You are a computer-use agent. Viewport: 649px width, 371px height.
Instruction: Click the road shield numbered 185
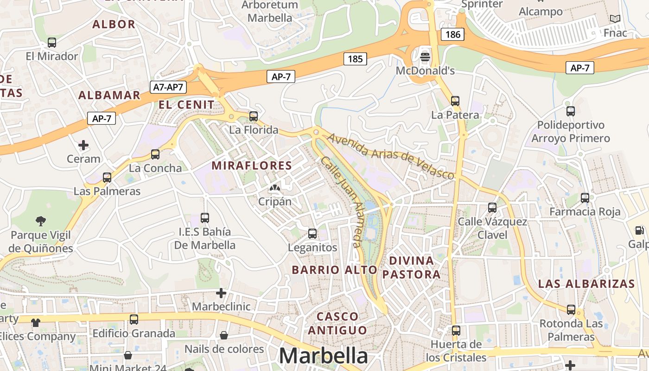pyautogui.click(x=355, y=59)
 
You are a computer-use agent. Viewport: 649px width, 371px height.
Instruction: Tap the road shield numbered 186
pyautogui.click(x=452, y=34)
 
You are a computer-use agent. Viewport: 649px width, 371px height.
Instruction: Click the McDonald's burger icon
pyautogui.click(x=425, y=57)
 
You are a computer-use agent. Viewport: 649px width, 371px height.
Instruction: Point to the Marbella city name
pyautogui.click(x=323, y=356)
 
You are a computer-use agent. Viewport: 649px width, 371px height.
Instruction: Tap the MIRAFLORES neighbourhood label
pyautogui.click(x=252, y=166)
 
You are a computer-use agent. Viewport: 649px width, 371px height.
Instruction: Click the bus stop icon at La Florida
pyautogui.click(x=254, y=116)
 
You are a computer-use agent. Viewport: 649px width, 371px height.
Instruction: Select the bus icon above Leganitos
pyautogui.click(x=312, y=234)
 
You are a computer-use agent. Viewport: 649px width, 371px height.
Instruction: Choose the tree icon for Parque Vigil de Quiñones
pyautogui.click(x=41, y=221)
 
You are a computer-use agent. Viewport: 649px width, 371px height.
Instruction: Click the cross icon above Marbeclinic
pyautogui.click(x=221, y=293)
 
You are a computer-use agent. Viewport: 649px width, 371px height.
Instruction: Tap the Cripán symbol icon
pyautogui.click(x=274, y=188)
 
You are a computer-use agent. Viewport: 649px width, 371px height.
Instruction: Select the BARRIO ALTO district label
pyautogui.click(x=334, y=270)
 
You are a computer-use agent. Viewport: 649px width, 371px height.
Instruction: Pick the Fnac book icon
pyautogui.click(x=615, y=19)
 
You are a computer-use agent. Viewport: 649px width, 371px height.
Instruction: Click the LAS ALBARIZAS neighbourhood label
pyautogui.click(x=586, y=284)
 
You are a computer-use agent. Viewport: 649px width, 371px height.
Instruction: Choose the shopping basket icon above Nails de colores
pyautogui.click(x=224, y=335)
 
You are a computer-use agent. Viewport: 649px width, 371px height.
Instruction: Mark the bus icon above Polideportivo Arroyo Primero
pyautogui.click(x=571, y=111)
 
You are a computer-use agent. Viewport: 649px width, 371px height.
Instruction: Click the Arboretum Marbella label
pyautogui.click(x=270, y=11)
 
